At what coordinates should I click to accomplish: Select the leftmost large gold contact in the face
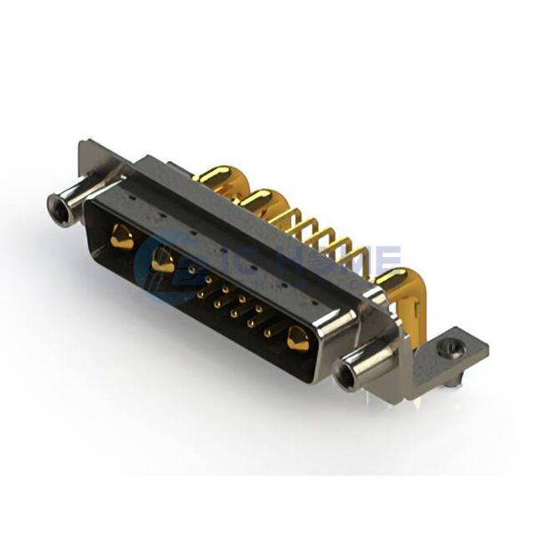121,238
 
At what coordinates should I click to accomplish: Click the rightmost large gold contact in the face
296,338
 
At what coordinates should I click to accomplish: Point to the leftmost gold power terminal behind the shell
214,178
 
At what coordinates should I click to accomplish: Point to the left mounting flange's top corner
84,144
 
